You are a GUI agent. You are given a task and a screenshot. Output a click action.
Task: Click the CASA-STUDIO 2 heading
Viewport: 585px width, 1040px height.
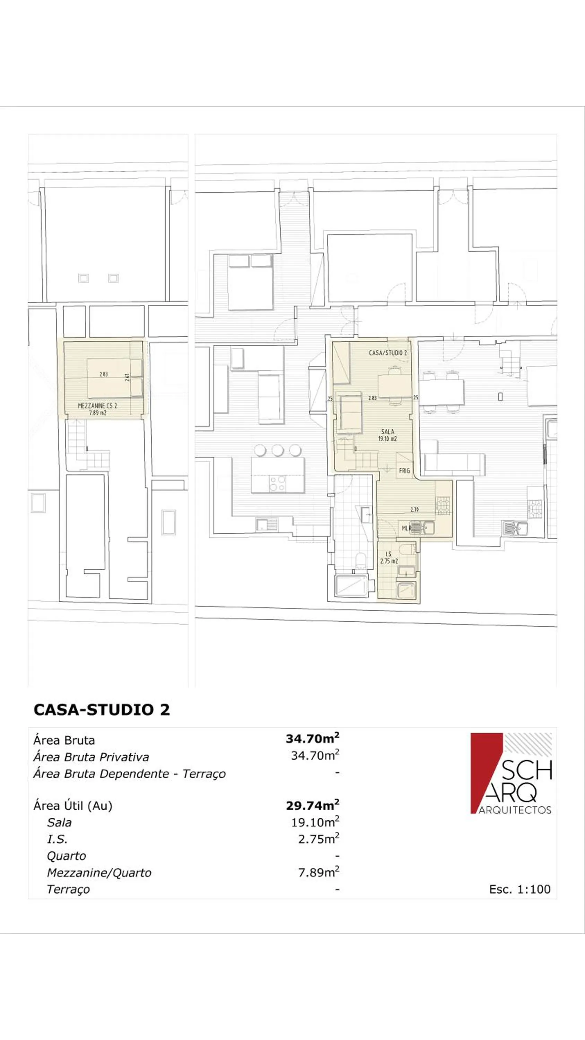(102, 710)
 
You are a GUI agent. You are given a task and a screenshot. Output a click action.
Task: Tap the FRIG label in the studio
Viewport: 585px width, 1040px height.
(404, 471)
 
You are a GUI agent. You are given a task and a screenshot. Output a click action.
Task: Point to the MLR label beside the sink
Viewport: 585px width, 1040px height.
(405, 528)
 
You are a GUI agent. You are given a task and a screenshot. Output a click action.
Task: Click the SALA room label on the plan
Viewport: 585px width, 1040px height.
(387, 432)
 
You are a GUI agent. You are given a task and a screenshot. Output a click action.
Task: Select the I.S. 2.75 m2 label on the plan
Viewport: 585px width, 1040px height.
(389, 558)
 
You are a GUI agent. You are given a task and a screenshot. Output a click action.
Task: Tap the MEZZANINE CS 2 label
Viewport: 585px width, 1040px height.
(97, 406)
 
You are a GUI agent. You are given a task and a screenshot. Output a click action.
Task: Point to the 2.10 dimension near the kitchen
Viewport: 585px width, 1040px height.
(414, 510)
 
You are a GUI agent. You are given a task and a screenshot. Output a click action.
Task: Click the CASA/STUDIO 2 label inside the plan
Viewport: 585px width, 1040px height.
(387, 353)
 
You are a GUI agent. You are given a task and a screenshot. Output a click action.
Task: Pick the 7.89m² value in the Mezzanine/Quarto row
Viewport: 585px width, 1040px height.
(318, 873)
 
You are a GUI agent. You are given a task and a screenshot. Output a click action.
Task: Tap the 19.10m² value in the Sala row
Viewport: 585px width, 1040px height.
(315, 822)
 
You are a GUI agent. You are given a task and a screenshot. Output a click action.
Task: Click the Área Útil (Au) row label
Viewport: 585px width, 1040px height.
(73, 806)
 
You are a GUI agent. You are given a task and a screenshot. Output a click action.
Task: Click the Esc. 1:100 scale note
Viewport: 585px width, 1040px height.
(519, 889)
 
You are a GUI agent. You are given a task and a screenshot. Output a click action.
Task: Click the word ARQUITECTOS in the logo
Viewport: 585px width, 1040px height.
(515, 810)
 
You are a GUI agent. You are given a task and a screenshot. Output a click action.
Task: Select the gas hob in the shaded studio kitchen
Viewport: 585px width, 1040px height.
(443, 505)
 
